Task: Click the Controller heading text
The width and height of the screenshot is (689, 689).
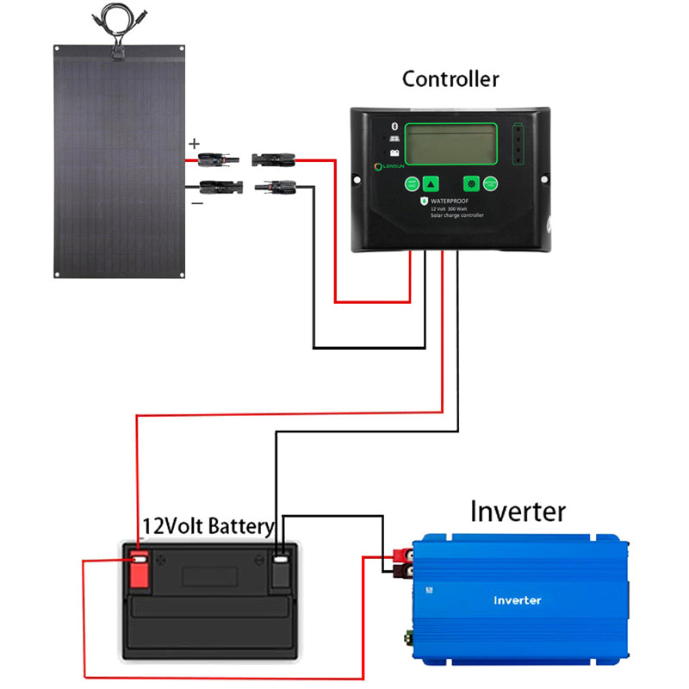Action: tap(450, 79)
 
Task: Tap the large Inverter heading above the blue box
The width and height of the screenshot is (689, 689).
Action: tap(518, 511)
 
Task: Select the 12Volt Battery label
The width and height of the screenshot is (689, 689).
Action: tap(208, 525)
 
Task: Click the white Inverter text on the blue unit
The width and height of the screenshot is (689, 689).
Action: tap(518, 599)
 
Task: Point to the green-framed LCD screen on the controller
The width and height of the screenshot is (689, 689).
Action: tap(451, 144)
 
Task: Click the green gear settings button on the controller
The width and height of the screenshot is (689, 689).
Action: tap(471, 183)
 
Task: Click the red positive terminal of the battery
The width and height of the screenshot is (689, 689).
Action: tap(139, 563)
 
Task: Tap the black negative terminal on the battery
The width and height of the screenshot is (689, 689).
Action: tap(281, 564)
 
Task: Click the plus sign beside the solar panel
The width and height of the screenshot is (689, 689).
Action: tap(194, 144)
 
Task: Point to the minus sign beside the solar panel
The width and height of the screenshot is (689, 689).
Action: tap(197, 203)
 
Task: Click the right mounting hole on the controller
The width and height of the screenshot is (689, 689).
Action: tap(543, 179)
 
